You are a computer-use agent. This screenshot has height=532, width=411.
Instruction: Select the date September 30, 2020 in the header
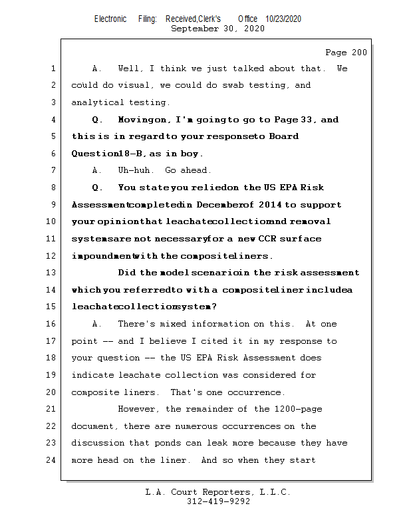click(217, 29)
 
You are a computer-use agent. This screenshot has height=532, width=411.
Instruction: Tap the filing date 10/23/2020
click(283, 19)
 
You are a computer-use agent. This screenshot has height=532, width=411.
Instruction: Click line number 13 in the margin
click(53, 273)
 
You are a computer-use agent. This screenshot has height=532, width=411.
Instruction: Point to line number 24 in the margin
click(53, 460)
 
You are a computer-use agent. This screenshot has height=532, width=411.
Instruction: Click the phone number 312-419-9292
click(218, 501)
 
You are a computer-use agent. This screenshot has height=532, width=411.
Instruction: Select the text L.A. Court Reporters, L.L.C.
click(218, 492)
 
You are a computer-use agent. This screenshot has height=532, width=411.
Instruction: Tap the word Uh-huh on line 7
click(134, 170)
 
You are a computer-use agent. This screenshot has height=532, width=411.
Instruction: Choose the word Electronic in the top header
click(110, 19)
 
